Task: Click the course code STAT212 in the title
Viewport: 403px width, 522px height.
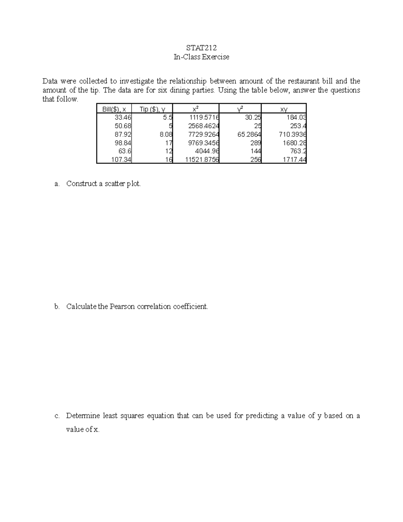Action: (x=201, y=47)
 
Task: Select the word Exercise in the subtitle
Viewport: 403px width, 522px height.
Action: (x=215, y=57)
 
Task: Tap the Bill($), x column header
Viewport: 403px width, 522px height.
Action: (x=114, y=109)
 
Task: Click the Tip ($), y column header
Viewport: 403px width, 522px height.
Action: (x=152, y=109)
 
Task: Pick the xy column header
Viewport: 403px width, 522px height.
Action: (x=284, y=109)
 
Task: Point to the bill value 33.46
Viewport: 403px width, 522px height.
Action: (x=123, y=117)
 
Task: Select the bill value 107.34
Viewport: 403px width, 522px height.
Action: (x=121, y=160)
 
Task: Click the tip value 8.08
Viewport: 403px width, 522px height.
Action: (x=166, y=134)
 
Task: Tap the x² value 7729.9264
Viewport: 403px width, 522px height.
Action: (x=204, y=134)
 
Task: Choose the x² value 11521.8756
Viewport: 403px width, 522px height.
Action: (x=202, y=160)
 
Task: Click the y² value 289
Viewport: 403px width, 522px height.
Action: (x=256, y=143)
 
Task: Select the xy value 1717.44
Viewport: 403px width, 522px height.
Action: (x=294, y=160)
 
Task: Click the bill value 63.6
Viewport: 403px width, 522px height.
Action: (x=125, y=151)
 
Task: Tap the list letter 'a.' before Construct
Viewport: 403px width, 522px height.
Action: (x=57, y=184)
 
